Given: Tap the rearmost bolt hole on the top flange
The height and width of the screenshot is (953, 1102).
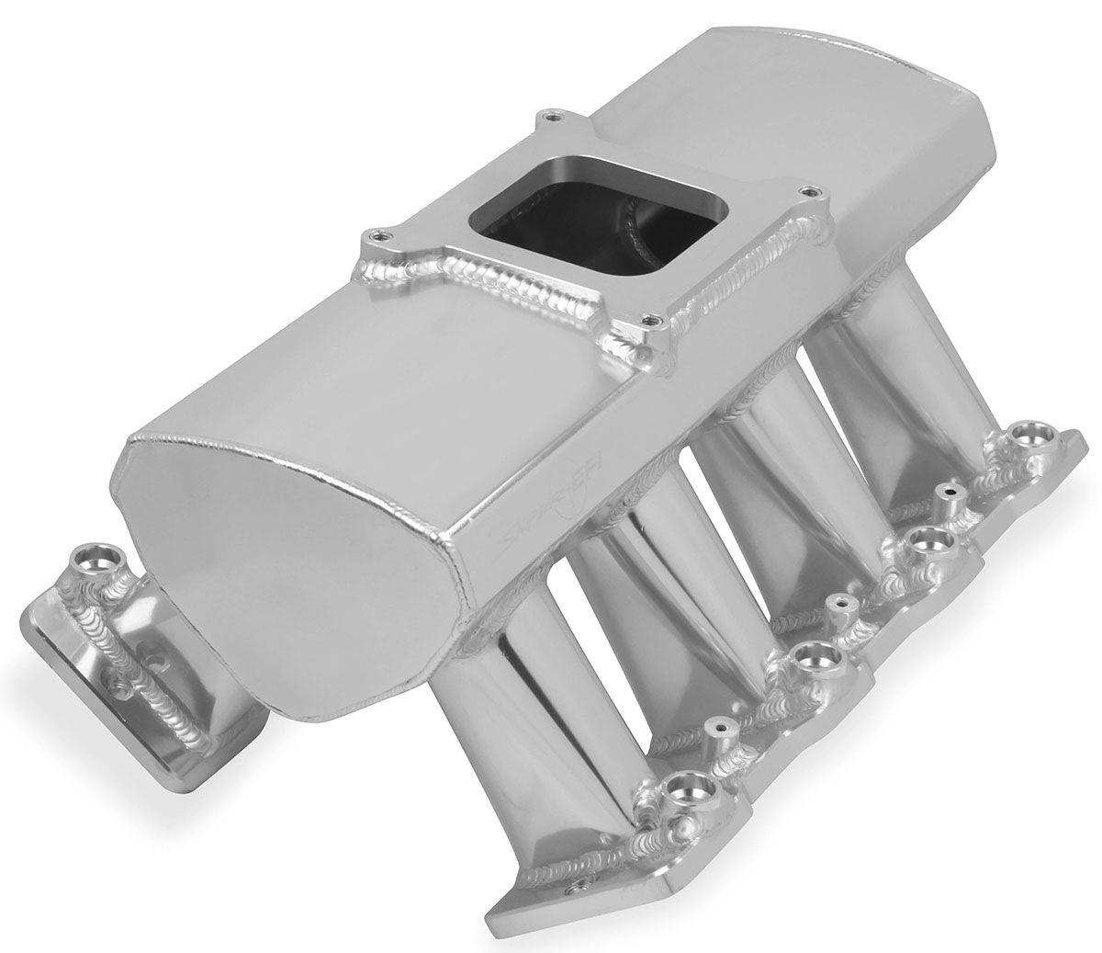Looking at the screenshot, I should [x=548, y=117].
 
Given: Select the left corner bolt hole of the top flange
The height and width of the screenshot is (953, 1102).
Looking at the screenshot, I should [x=373, y=233].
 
